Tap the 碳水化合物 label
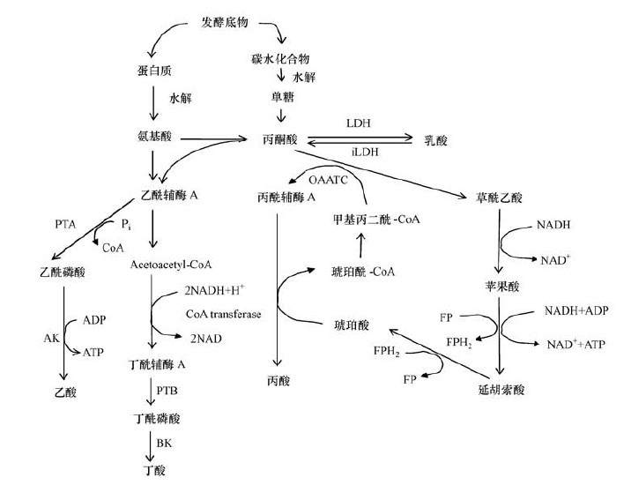pos(279,59)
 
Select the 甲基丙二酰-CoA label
pos(370,216)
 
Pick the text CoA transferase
pos(223,313)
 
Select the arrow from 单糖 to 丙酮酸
pos(279,115)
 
